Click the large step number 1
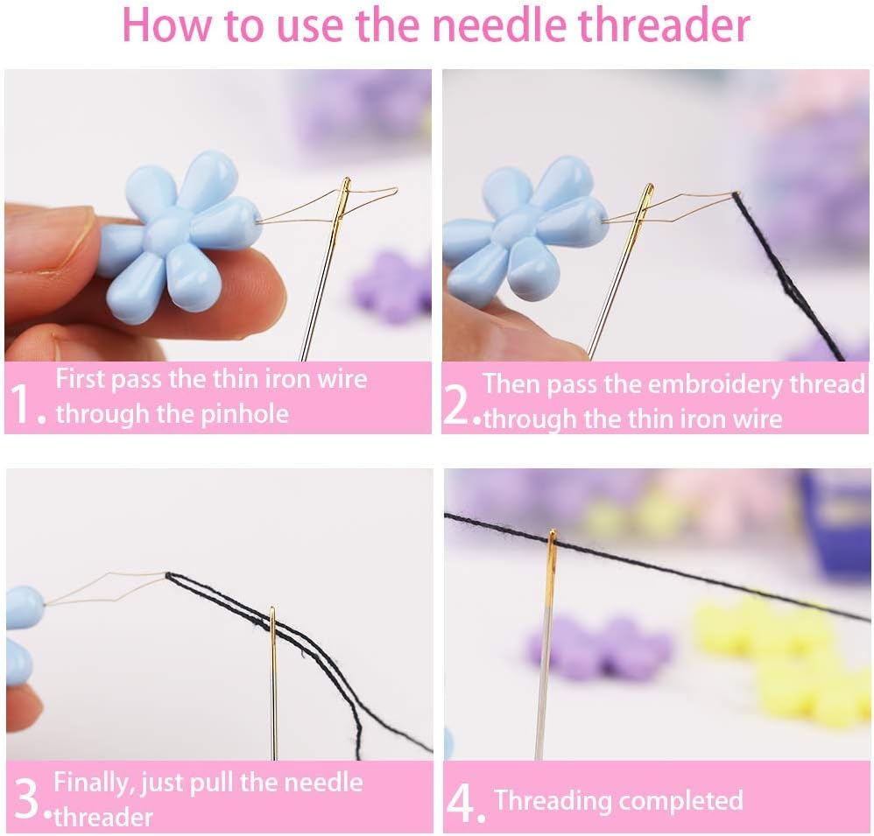25,401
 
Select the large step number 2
458,404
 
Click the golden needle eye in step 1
344,199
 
